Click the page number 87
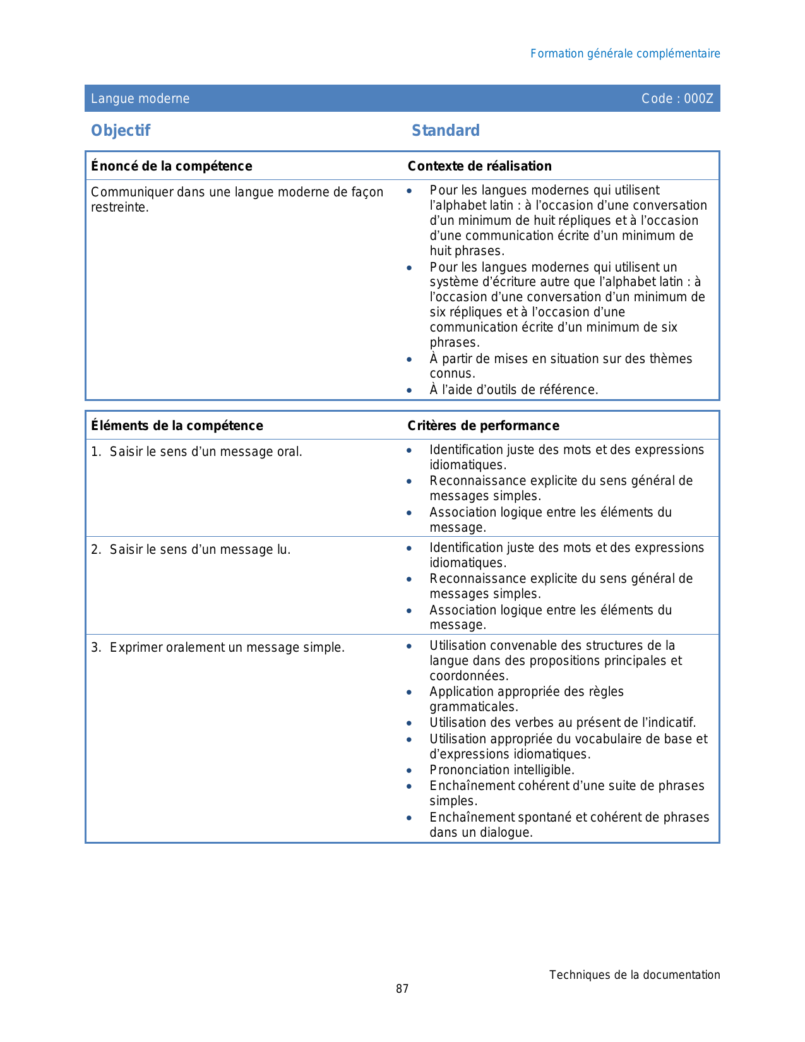[x=402, y=989]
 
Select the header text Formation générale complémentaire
[x=625, y=54]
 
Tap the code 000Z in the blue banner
[x=698, y=99]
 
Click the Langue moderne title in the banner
[x=140, y=99]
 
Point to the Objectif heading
[x=121, y=131]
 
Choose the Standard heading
[x=445, y=131]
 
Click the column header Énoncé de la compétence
[x=171, y=166]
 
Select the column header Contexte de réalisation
[x=479, y=166]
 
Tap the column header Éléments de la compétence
[x=177, y=426]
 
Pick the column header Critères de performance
[x=483, y=426]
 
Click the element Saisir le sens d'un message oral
[x=206, y=452]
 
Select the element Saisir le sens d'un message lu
[x=200, y=550]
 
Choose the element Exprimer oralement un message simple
[x=227, y=648]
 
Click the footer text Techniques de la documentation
[x=634, y=975]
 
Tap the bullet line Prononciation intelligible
[x=502, y=770]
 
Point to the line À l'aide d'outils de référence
[x=514, y=390]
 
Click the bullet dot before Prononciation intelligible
[x=409, y=770]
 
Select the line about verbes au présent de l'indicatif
[x=563, y=723]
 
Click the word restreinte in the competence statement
[x=119, y=208]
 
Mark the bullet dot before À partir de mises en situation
[x=409, y=359]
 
